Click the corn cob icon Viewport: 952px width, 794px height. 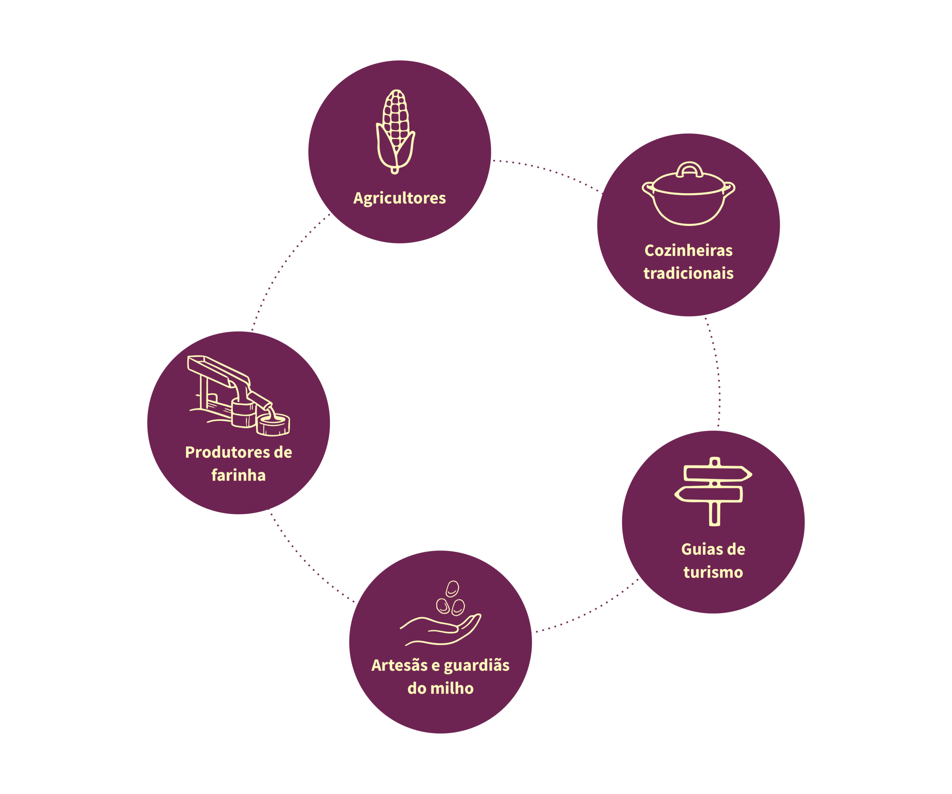point(396,131)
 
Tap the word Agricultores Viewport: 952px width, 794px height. point(399,199)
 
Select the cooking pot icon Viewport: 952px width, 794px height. point(688,193)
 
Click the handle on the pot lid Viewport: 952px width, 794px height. point(689,169)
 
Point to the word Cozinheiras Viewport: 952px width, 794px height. point(689,250)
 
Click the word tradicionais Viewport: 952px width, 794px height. point(689,273)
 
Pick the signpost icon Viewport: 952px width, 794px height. point(714,492)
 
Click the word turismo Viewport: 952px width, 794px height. point(713,572)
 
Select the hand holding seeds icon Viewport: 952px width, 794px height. point(440,613)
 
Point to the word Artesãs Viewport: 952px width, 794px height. point(399,665)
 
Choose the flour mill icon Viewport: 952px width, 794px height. point(238,396)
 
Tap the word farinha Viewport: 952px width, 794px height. point(238,475)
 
